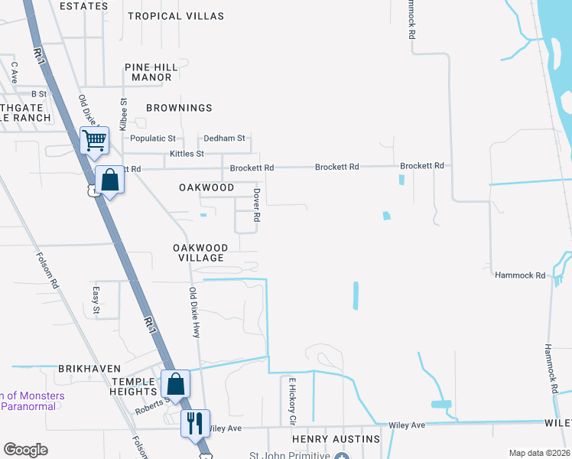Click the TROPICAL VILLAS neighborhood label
(176, 16)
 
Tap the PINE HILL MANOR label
(151, 72)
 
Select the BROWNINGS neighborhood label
(178, 109)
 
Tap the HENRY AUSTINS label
(336, 439)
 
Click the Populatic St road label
(153, 138)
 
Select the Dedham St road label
(224, 138)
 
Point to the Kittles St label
(187, 154)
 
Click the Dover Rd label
(257, 206)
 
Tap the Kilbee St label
(123, 113)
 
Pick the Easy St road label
(96, 300)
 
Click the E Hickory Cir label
(291, 400)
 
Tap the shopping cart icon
(94, 140)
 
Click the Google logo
(25, 450)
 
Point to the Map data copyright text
(539, 453)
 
